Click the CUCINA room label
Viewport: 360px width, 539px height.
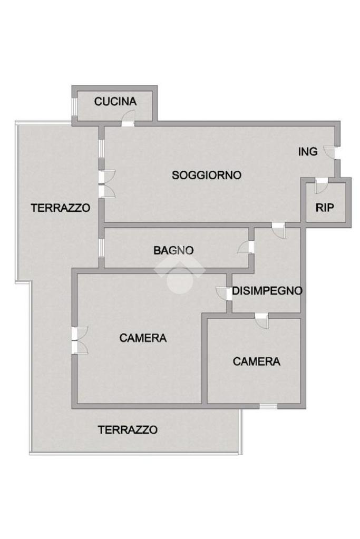(x=115, y=101)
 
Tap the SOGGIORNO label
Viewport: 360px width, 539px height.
(x=207, y=175)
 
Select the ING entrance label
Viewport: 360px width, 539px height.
(x=308, y=152)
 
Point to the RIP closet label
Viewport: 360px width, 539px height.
(x=325, y=208)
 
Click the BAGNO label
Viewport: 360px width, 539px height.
(x=173, y=250)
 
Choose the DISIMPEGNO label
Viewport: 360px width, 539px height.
(x=267, y=291)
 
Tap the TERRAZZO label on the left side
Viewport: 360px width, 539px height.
(x=61, y=208)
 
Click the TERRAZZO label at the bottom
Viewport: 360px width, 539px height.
(x=128, y=430)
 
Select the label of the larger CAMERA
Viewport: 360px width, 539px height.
(x=143, y=338)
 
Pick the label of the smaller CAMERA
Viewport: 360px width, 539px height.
(x=257, y=361)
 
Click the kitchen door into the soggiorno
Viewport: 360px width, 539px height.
(x=128, y=118)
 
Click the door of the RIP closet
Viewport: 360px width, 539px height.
(x=322, y=185)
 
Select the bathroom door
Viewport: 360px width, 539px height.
(x=246, y=247)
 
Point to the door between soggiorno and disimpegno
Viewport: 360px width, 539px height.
(x=279, y=230)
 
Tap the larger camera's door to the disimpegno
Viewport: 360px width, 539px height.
(x=224, y=293)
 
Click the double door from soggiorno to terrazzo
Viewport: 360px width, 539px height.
(x=106, y=184)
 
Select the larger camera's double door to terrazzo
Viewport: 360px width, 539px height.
(x=80, y=340)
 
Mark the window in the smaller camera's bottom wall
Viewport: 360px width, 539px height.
(x=268, y=406)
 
